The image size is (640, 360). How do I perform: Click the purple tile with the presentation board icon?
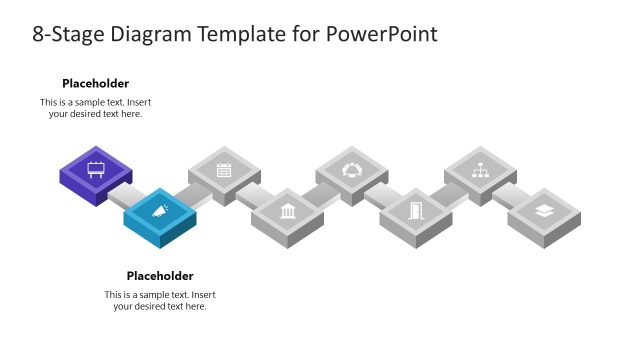tap(96, 168)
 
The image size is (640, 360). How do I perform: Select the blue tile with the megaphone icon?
tap(160, 211)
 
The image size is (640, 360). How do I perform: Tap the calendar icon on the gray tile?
tap(224, 169)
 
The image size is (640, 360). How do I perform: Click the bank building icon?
tap(288, 211)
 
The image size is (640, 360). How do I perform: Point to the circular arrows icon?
tap(352, 169)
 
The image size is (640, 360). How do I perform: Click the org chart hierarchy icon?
tap(480, 169)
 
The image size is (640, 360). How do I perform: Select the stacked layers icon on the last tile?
tap(544, 211)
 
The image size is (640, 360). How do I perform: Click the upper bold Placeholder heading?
tap(96, 84)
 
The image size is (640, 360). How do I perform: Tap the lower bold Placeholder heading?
tap(160, 276)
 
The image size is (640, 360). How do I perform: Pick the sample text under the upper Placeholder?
tap(96, 108)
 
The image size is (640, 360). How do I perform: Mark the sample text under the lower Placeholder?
tap(160, 300)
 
